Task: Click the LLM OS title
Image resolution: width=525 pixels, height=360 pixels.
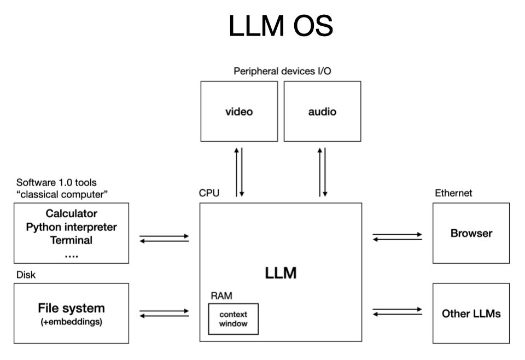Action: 281,26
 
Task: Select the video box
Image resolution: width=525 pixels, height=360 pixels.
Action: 239,111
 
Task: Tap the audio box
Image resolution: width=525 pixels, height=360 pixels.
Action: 323,111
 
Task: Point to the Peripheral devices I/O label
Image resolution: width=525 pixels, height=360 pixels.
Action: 282,71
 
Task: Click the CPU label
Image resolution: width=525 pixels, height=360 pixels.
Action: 209,193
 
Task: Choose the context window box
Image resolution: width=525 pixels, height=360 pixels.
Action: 234,319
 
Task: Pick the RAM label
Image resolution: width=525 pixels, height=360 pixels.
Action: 221,295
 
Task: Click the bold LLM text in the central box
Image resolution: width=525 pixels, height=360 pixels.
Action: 281,273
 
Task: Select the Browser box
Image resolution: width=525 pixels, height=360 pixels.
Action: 471,233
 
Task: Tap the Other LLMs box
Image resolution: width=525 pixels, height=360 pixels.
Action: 471,313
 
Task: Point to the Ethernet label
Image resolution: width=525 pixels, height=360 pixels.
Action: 453,193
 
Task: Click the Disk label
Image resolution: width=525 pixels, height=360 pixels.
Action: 26,275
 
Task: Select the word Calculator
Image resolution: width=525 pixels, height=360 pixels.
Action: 71,213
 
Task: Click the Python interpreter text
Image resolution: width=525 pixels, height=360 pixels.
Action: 71,227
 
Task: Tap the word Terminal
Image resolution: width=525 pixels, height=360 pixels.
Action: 71,240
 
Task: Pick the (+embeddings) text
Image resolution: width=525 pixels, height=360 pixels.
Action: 71,322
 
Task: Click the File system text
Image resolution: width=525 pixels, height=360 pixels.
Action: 71,308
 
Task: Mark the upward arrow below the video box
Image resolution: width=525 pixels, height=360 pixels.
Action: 236,172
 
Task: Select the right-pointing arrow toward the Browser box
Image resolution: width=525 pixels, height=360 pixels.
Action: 398,234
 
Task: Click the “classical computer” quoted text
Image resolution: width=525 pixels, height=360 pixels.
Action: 62,194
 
